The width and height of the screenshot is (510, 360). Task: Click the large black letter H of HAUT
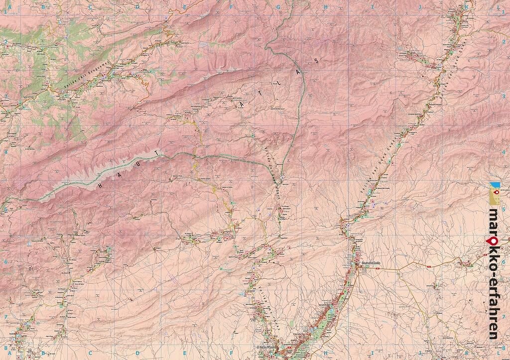coord(100,185)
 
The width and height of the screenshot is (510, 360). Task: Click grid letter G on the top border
coord(279,7)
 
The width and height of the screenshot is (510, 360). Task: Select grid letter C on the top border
coord(90,7)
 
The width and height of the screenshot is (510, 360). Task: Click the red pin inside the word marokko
coord(493,240)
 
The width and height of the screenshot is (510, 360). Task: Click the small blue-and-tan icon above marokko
coord(494,194)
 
